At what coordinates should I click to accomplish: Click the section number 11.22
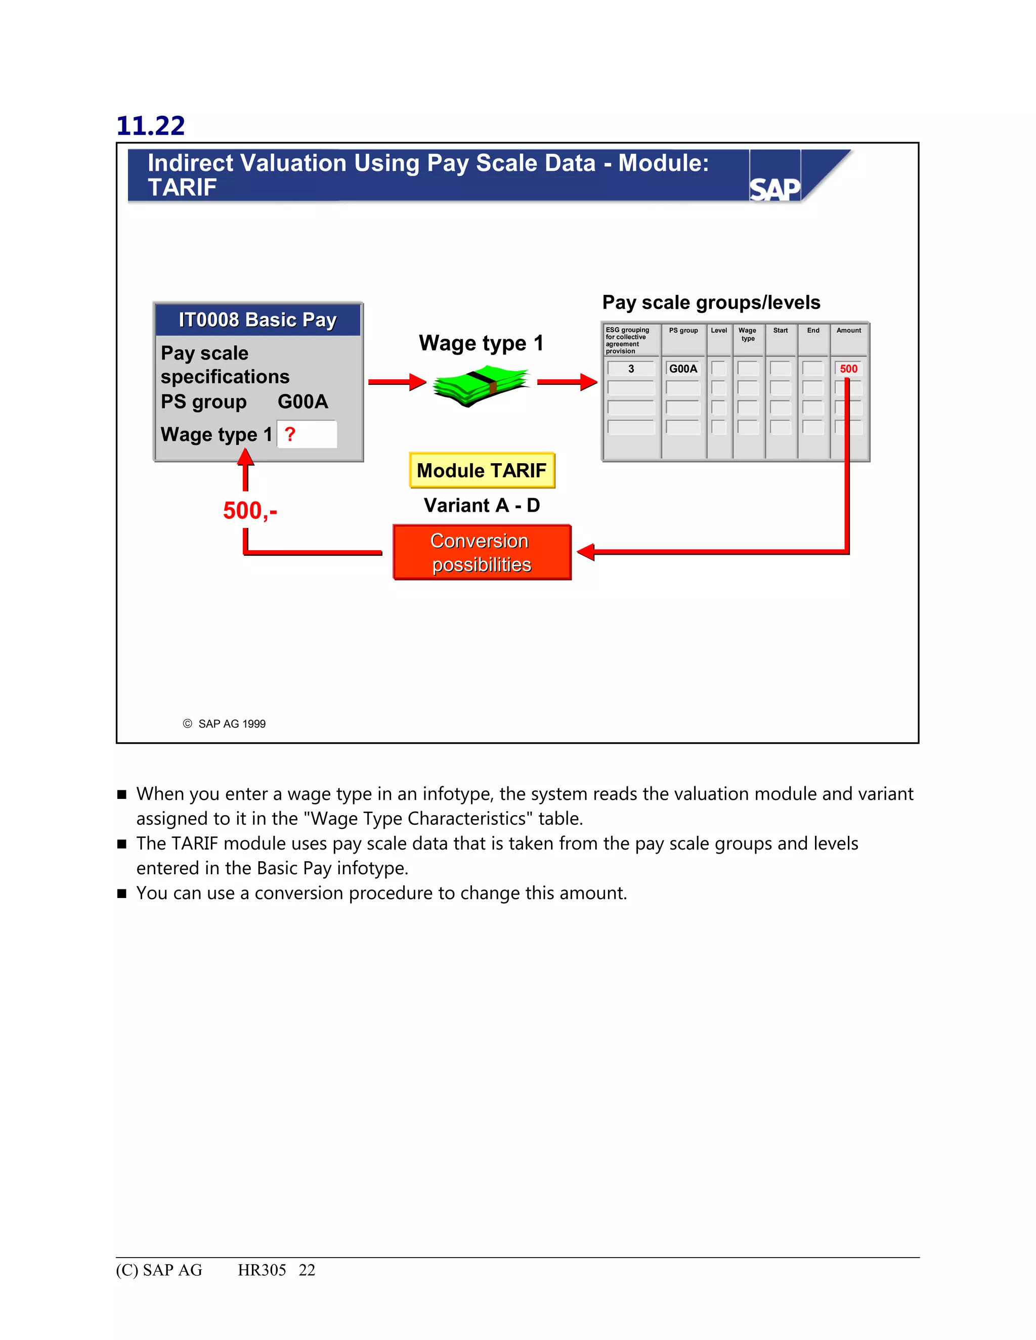pyautogui.click(x=150, y=126)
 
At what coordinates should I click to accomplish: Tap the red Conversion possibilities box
pyautogui.click(x=482, y=552)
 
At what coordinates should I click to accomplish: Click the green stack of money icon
pyautogui.click(x=481, y=385)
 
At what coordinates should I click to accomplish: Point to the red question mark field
pyautogui.click(x=306, y=434)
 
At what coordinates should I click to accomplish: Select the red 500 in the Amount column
pyautogui.click(x=848, y=369)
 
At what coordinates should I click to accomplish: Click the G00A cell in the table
pyautogui.click(x=682, y=369)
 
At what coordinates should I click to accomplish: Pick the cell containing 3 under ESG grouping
pyautogui.click(x=631, y=369)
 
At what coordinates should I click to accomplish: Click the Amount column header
pyautogui.click(x=848, y=331)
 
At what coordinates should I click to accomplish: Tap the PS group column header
pyautogui.click(x=683, y=331)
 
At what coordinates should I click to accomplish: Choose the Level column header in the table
pyautogui.click(x=719, y=331)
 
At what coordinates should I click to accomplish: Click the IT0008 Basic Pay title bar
pyautogui.click(x=258, y=320)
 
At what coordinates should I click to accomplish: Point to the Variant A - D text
pyautogui.click(x=482, y=506)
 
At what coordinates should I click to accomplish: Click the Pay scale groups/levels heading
pyautogui.click(x=711, y=302)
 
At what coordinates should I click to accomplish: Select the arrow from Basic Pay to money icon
pyautogui.click(x=397, y=382)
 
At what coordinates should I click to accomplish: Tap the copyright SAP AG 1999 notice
pyautogui.click(x=225, y=724)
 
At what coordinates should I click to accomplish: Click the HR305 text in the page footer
pyautogui.click(x=262, y=1270)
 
